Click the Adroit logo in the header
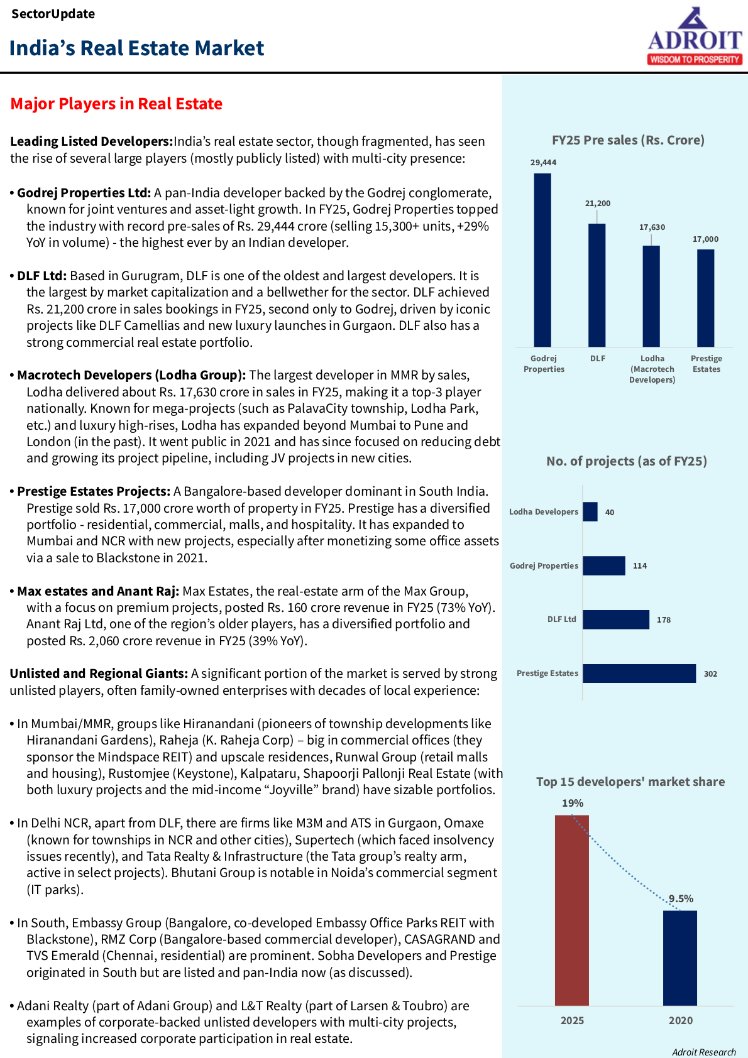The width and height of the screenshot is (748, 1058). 695,36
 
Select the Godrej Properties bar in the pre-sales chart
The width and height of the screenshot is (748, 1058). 542,260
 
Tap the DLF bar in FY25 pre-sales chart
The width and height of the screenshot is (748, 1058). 597,285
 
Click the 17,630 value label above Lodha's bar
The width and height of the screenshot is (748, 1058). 652,227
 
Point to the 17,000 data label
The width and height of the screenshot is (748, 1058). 705,239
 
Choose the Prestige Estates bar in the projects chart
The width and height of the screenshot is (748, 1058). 639,674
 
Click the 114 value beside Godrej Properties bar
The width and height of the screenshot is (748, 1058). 640,566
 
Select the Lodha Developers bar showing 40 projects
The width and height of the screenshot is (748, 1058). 590,512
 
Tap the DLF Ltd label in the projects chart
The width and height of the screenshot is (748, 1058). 561,619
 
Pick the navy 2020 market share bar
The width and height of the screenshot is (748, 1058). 680,957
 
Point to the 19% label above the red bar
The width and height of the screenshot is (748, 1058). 573,804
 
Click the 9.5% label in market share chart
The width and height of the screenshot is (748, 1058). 681,899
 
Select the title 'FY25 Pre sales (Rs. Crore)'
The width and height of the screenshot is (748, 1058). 628,140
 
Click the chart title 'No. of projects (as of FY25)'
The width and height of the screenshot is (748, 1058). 627,461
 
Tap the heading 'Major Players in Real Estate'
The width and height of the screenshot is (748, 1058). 116,104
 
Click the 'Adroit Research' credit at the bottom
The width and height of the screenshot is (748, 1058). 703,1052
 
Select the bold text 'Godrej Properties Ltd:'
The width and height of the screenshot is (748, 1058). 84,193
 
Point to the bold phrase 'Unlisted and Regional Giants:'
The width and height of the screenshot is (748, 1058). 99,674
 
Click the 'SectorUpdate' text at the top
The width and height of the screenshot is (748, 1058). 53,14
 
